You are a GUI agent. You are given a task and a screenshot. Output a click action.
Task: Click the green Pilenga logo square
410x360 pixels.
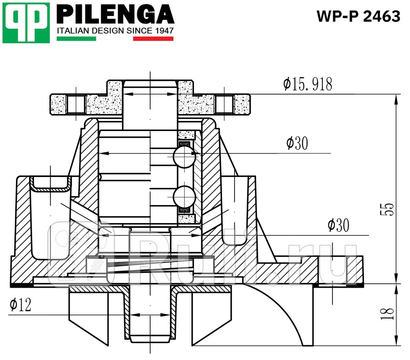(x=26, y=22)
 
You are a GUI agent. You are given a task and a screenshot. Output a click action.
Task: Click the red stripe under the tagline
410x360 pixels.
(x=153, y=38)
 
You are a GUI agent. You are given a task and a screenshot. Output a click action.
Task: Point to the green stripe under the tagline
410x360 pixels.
(x=76, y=38)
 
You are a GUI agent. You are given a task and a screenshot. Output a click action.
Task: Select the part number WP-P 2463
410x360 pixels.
(x=358, y=16)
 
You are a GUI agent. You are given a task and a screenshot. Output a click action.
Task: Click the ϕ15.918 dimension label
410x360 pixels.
(x=308, y=85)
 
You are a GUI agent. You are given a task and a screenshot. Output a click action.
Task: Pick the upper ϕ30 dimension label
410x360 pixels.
(x=297, y=144)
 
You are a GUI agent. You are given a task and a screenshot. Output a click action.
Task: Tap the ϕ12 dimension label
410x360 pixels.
(x=21, y=305)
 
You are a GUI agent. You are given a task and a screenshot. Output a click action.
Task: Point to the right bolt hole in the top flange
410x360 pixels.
(x=224, y=104)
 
